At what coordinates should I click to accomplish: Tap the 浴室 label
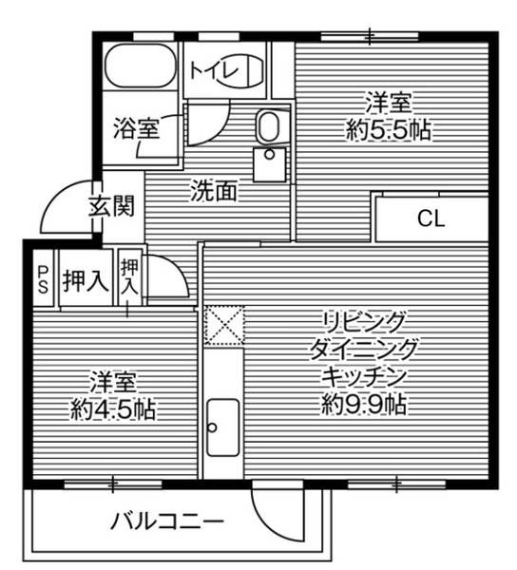(136, 126)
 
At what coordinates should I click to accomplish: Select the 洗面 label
(213, 191)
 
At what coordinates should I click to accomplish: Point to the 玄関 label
(112, 206)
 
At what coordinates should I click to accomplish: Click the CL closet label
(431, 219)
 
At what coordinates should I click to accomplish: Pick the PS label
(43, 279)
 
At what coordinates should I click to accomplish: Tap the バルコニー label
(166, 521)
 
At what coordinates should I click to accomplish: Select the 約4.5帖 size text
(114, 409)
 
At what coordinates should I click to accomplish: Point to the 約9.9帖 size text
(364, 406)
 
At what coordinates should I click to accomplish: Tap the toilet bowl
(245, 71)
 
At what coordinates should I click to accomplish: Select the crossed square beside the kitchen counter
(224, 324)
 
